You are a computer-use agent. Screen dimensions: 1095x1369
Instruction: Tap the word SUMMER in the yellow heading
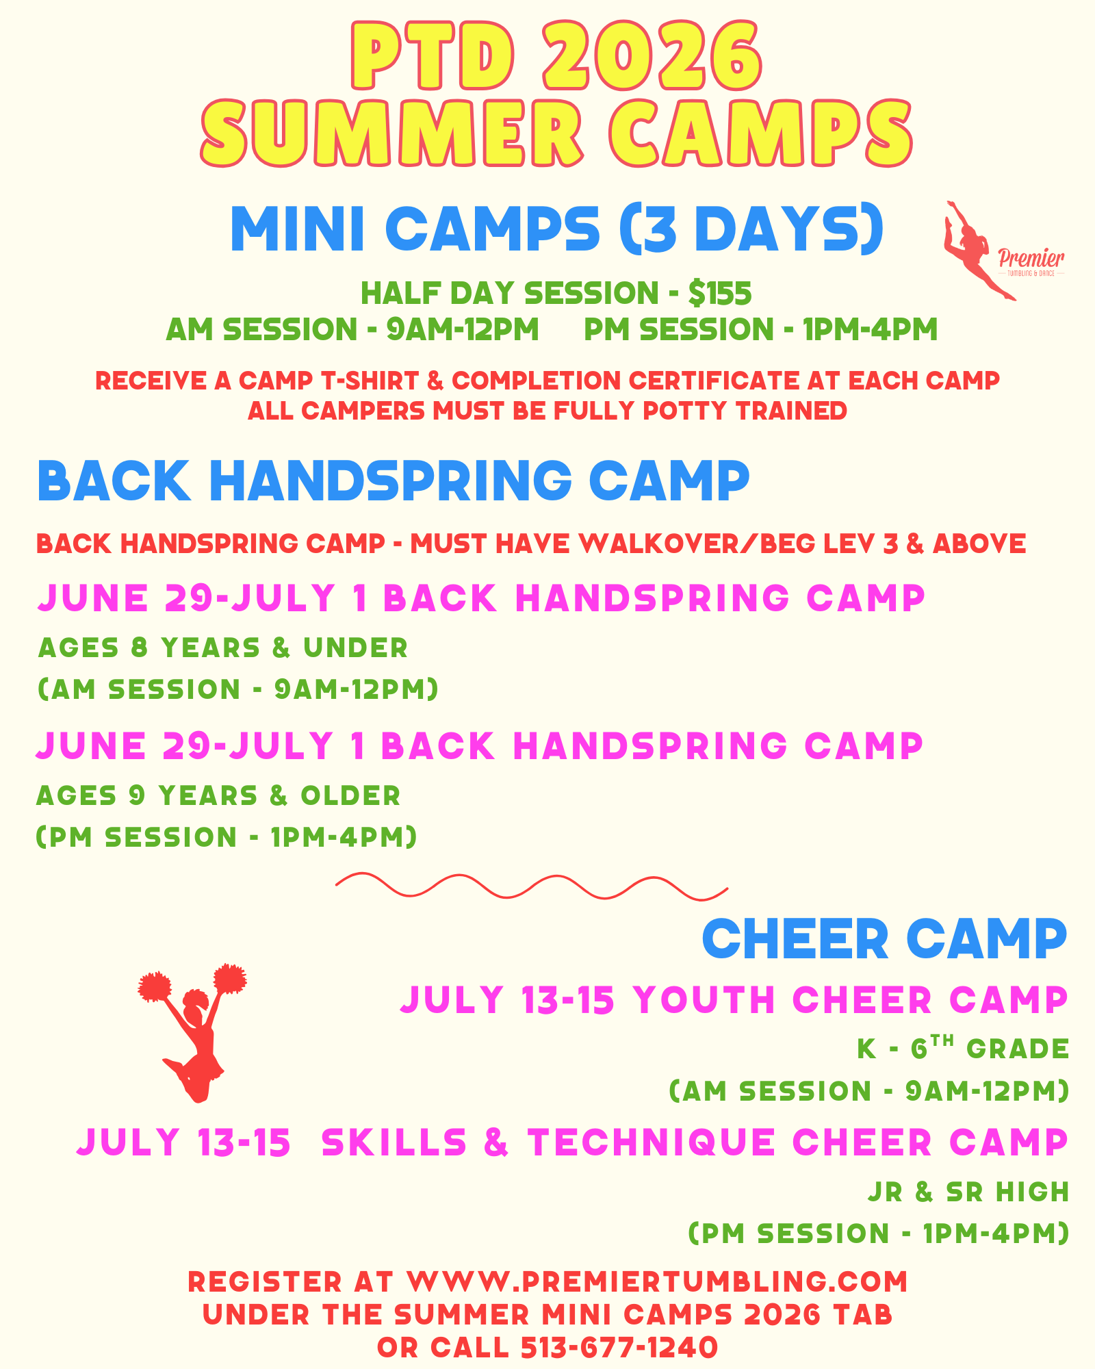click(x=392, y=132)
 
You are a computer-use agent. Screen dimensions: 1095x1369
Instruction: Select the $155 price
click(x=720, y=294)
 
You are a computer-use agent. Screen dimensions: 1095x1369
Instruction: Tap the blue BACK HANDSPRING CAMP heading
click(x=394, y=481)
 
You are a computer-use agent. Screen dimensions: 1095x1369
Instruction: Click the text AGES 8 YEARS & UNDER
click(x=223, y=648)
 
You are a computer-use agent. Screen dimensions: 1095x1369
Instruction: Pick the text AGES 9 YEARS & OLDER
click(x=218, y=795)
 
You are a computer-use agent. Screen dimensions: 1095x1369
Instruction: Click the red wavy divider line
click(x=532, y=886)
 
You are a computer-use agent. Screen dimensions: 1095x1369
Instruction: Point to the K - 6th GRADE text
click(x=963, y=1047)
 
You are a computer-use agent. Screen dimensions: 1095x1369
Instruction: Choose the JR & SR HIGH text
click(x=968, y=1192)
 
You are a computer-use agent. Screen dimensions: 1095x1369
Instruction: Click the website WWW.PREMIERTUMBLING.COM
click(x=657, y=1282)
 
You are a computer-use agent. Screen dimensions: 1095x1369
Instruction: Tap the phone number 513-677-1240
click(x=619, y=1348)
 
